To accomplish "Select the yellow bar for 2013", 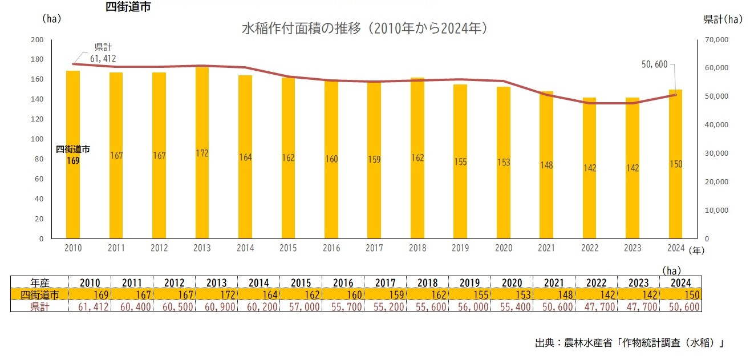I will [x=202, y=171].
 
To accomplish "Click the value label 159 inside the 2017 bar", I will [x=374, y=160].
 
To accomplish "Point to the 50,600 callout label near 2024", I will [x=654, y=64].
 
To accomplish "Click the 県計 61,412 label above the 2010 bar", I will [x=103, y=52].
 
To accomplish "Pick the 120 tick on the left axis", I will [x=37, y=119].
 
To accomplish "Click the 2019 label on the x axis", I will [x=460, y=248].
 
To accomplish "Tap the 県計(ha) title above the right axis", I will [x=722, y=19].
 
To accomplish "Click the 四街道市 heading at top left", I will [x=128, y=7].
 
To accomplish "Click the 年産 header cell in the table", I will [x=40, y=282].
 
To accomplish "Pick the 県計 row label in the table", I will [x=40, y=306].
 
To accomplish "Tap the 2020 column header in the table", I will [x=512, y=282].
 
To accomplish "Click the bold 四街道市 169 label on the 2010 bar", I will [x=72, y=155].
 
